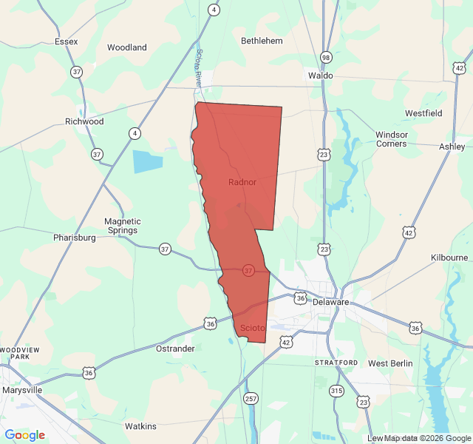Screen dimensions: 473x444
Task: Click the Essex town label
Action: pyautogui.click(x=66, y=41)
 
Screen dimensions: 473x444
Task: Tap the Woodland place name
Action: pyautogui.click(x=126, y=47)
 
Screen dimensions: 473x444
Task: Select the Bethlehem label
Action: pyautogui.click(x=262, y=41)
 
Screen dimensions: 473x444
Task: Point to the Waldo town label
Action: pyautogui.click(x=320, y=75)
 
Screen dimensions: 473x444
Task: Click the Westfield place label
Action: pyautogui.click(x=423, y=113)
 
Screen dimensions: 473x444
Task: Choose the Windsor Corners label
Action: pyautogui.click(x=391, y=139)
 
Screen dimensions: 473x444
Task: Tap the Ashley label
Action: pyautogui.click(x=452, y=147)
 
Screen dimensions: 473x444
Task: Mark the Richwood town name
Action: pyautogui.click(x=84, y=121)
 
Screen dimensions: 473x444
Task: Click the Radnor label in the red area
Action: pyautogui.click(x=242, y=182)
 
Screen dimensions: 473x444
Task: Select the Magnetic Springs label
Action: pyautogui.click(x=123, y=226)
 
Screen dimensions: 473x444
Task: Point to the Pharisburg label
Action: pyautogui.click(x=75, y=238)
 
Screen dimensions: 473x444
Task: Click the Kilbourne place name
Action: pyautogui.click(x=449, y=258)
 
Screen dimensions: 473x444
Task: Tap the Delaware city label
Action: pyautogui.click(x=330, y=302)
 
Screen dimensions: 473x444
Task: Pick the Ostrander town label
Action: pyautogui.click(x=175, y=349)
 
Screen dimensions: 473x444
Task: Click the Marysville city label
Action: pyautogui.click(x=22, y=390)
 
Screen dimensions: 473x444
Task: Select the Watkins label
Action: pyautogui.click(x=140, y=426)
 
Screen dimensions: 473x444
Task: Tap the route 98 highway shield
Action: pyautogui.click(x=326, y=57)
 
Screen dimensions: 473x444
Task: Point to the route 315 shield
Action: pyautogui.click(x=337, y=391)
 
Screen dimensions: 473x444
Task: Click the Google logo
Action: pyautogui.click(x=24, y=435)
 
